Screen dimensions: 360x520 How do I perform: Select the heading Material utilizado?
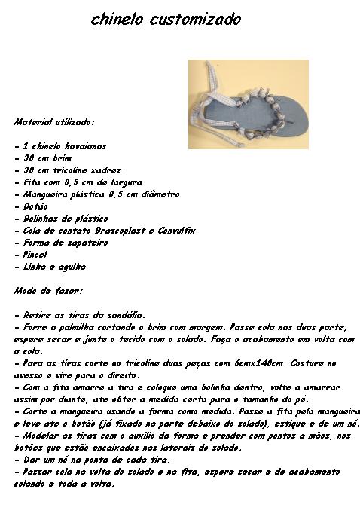click(x=54, y=121)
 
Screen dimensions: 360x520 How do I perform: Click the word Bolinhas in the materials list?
click(x=41, y=219)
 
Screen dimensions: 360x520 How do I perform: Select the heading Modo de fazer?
click(x=48, y=290)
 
